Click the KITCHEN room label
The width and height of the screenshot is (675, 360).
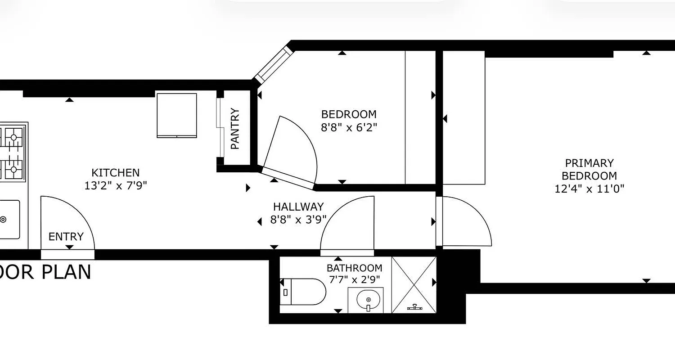pyautogui.click(x=116, y=173)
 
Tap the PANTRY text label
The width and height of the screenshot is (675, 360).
pyautogui.click(x=235, y=129)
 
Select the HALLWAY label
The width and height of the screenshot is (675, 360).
pyautogui.click(x=298, y=207)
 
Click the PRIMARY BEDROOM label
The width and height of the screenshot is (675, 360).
pyautogui.click(x=589, y=169)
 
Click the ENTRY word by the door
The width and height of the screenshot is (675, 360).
pyautogui.click(x=66, y=237)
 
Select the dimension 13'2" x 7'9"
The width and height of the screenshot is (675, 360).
pyautogui.click(x=116, y=185)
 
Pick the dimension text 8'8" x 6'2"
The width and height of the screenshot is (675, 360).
pyautogui.click(x=349, y=127)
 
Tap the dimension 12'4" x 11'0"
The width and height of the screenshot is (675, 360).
pyautogui.click(x=589, y=189)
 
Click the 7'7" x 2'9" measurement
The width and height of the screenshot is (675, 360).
pyautogui.click(x=355, y=280)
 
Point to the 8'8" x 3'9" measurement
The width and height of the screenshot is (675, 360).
pyautogui.click(x=298, y=220)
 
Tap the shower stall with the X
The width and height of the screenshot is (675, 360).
pyautogui.click(x=414, y=284)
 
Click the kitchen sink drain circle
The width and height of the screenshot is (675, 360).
pyautogui.click(x=3, y=220)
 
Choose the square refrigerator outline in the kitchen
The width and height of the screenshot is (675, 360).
pyautogui.click(x=177, y=115)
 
